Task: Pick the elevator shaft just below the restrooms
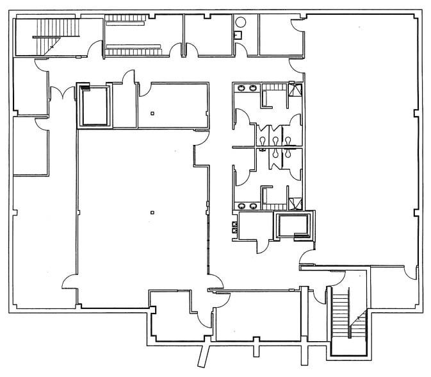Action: coord(293,226)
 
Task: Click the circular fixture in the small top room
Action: coord(240,22)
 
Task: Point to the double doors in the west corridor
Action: coord(60,94)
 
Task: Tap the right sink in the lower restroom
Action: coord(254,206)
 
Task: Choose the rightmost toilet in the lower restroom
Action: coord(289,153)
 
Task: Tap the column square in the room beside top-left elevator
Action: coord(152,113)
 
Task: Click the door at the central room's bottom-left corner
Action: coord(69,281)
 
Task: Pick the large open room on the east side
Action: coord(362,141)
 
